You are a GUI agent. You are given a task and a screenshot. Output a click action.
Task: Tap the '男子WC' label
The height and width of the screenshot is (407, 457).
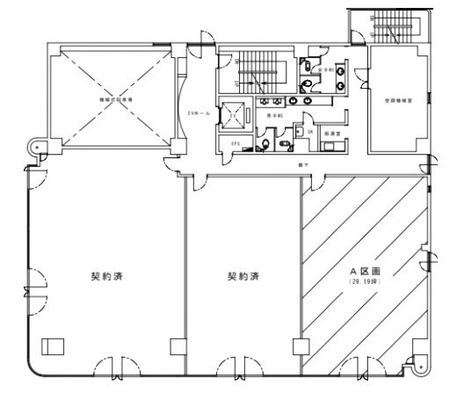tap(273, 115)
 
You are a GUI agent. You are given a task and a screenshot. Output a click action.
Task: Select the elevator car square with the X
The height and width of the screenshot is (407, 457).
tap(234, 115)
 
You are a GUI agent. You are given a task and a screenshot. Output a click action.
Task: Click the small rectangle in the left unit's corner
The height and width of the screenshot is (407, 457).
tap(59, 344)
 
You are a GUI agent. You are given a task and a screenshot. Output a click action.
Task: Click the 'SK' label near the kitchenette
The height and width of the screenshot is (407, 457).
tap(310, 132)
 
